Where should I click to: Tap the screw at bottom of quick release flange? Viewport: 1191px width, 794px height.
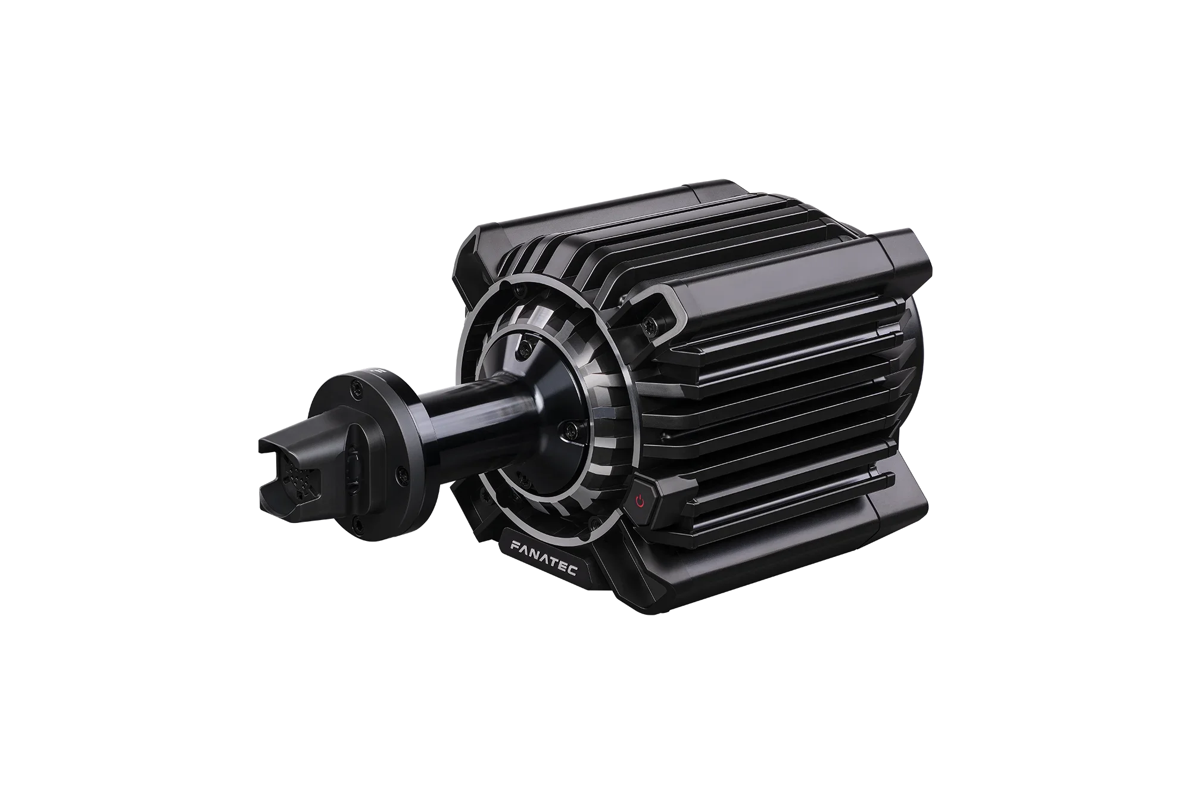tap(356, 524)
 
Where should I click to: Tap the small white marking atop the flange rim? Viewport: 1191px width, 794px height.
tap(376, 370)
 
